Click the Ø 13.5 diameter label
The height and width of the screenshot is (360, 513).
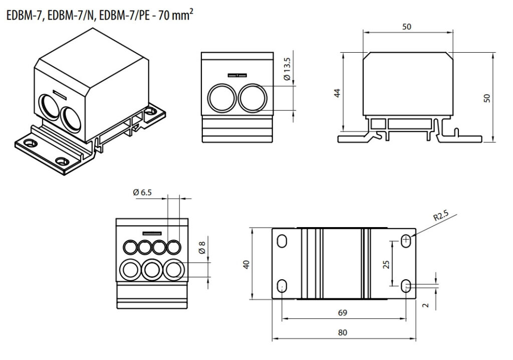(x=287, y=69)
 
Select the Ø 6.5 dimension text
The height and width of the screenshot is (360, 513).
(x=142, y=192)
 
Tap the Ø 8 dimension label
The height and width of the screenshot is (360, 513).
(x=202, y=248)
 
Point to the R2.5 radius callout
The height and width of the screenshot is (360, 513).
(x=441, y=216)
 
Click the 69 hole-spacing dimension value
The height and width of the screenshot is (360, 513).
(x=342, y=313)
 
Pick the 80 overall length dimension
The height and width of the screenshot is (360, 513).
(x=342, y=332)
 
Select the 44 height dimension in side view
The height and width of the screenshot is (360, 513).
(x=337, y=93)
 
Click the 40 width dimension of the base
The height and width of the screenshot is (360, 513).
(x=246, y=264)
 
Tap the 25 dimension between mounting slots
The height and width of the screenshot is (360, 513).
(x=386, y=264)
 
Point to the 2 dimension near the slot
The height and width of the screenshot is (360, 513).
(x=425, y=305)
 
